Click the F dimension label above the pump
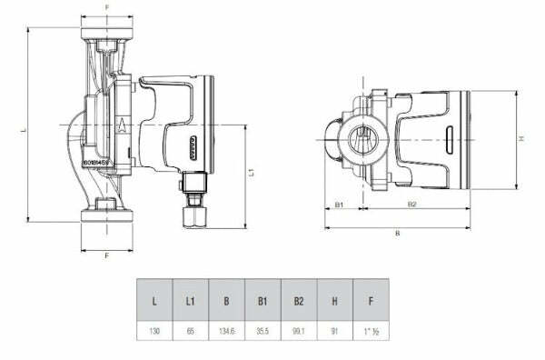point(107,8)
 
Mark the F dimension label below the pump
point(107,256)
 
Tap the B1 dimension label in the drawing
point(339,205)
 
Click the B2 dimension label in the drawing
point(411,205)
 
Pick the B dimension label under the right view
point(397,234)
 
